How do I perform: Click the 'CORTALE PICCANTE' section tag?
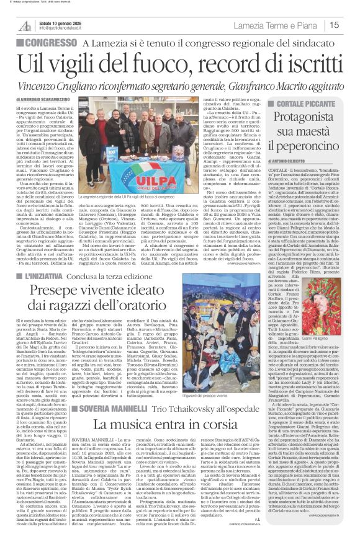tap(308, 100)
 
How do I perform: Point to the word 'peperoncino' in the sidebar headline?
tap(307, 146)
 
